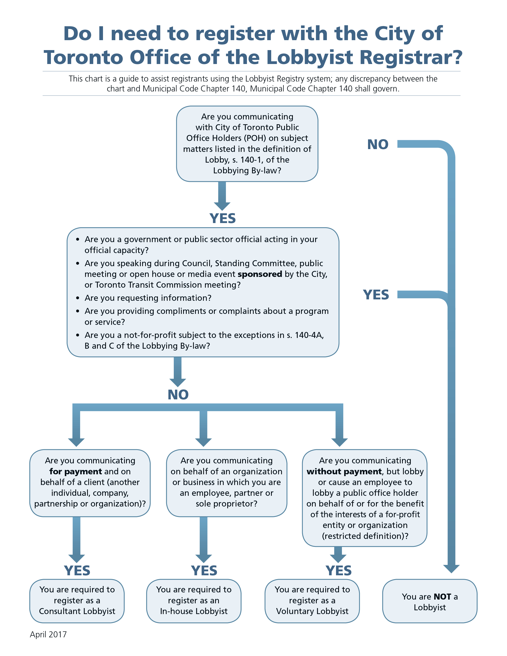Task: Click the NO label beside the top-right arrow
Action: [378, 145]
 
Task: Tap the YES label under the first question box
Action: [222, 218]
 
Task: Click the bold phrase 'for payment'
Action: [76, 471]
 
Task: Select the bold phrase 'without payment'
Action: [344, 471]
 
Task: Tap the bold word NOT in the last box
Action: [442, 597]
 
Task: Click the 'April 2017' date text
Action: [48, 634]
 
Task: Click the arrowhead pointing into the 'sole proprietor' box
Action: [203, 442]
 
